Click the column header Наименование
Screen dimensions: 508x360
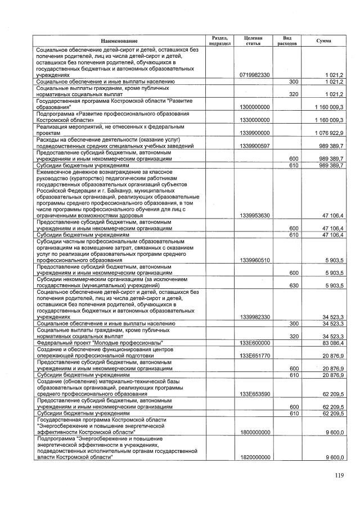pyautogui.click(x=119, y=42)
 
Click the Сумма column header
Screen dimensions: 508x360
pyautogui.click(x=324, y=41)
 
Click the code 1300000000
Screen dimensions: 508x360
pyautogui.click(x=254, y=106)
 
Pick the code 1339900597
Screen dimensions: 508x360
pyautogui.click(x=254, y=146)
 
